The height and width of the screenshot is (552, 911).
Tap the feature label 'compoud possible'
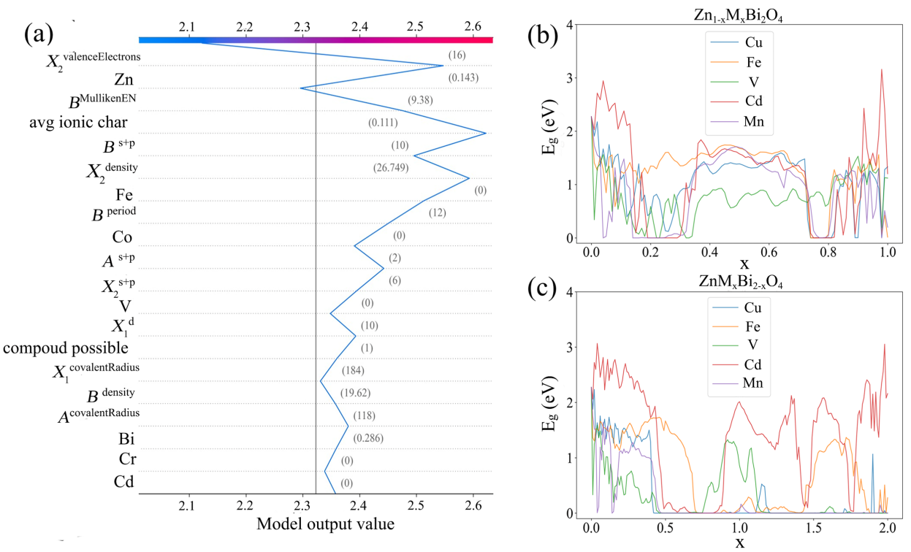click(x=66, y=347)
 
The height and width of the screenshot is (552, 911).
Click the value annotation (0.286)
click(x=368, y=438)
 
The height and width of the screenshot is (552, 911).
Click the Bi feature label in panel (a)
click(x=127, y=438)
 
